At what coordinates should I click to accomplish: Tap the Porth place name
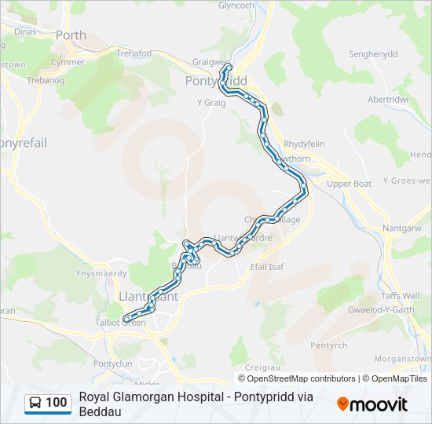pos(71,35)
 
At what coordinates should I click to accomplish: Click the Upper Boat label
pos(349,184)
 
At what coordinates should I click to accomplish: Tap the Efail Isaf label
pos(266,267)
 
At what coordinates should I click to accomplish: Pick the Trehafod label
pos(134,53)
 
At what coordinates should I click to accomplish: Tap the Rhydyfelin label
pos(304,144)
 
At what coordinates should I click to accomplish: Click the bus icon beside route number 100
pos(36,403)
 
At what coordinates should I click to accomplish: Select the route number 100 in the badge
pos(57,403)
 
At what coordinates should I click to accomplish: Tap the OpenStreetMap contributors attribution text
pos(302,378)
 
